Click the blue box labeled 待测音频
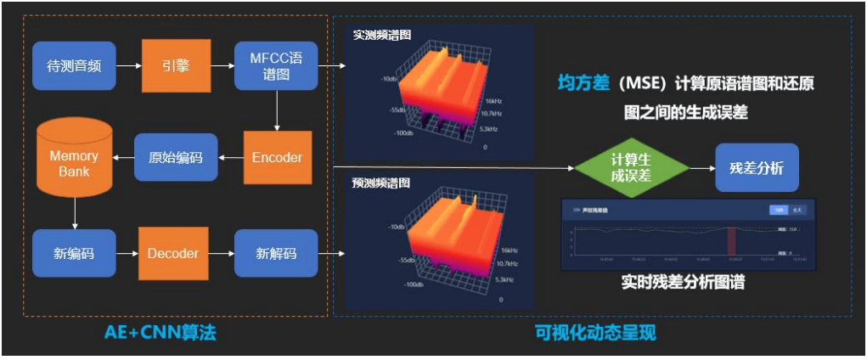[74, 65]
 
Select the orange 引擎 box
[176, 65]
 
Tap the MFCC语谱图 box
[276, 65]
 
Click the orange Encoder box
[277, 157]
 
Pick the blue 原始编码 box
[176, 157]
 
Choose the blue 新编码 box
[74, 253]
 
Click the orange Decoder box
[173, 253]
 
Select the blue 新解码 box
[276, 253]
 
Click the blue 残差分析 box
[757, 167]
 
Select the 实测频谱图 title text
[382, 36]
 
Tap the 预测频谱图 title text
[382, 183]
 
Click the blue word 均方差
[583, 83]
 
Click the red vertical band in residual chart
[733, 240]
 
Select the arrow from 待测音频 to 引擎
[128, 65]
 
